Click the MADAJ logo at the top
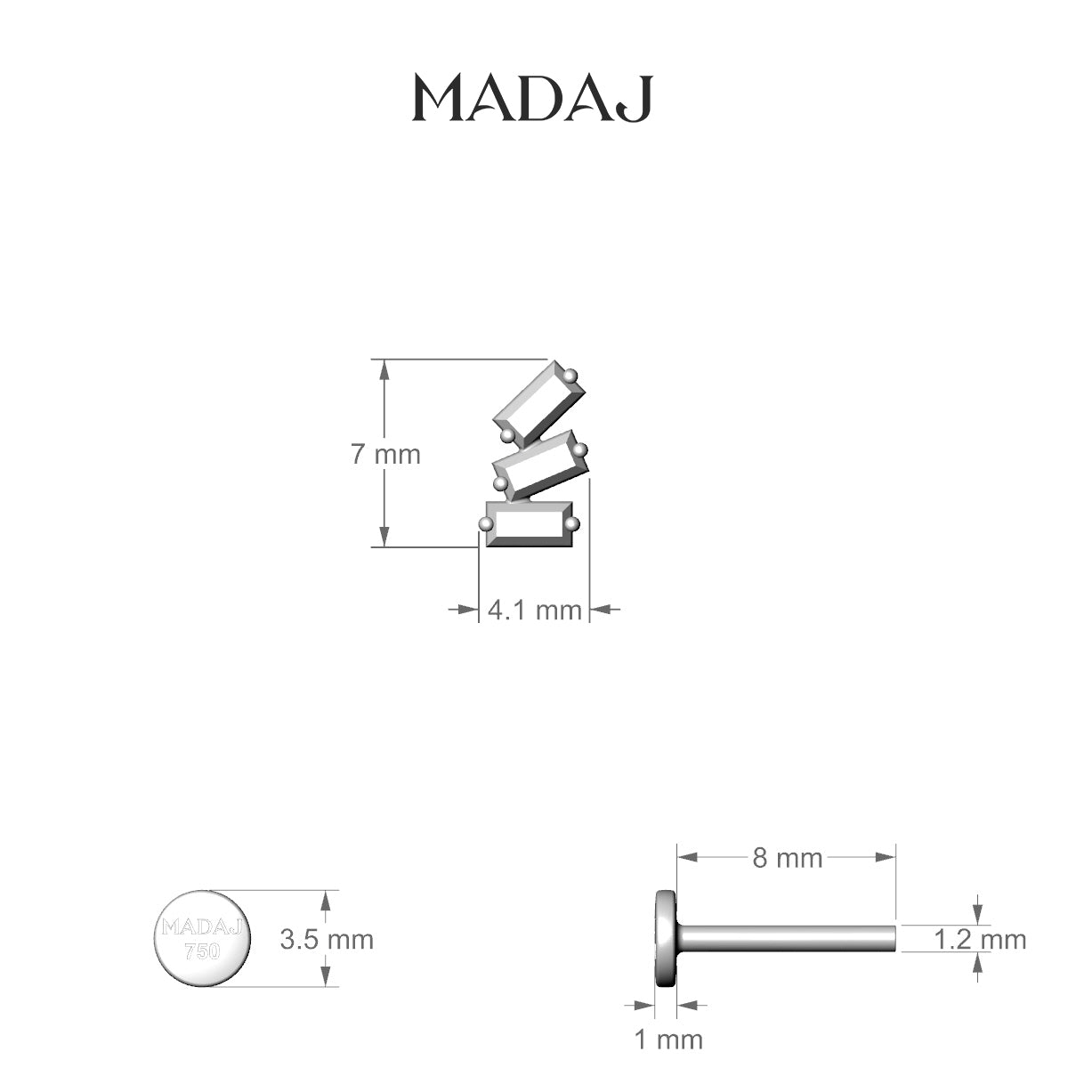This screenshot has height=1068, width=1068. (x=532, y=99)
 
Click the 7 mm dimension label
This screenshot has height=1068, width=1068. (x=385, y=455)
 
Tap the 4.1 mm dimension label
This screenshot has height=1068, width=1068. (x=535, y=611)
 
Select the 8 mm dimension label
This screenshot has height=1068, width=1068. (x=787, y=858)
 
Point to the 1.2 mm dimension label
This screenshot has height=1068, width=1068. (x=980, y=940)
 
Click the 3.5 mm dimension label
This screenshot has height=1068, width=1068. (x=327, y=940)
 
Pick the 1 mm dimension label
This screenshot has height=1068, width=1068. (x=668, y=1040)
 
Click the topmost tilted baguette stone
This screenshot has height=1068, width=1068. (x=539, y=403)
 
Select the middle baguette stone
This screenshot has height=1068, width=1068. (x=540, y=465)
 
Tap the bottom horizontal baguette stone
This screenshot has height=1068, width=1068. (x=530, y=523)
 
